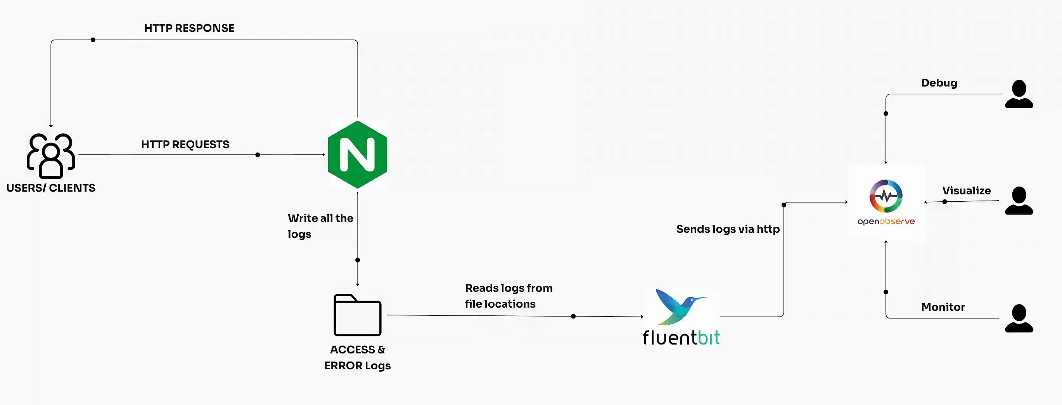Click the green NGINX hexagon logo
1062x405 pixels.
coord(358,155)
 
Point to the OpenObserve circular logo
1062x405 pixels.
coord(886,196)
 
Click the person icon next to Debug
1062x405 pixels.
coord(1019,94)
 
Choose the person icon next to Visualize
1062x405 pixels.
coord(1019,201)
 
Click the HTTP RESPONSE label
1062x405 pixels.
coord(189,28)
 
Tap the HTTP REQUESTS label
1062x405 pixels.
coord(185,144)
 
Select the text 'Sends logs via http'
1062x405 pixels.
coord(728,229)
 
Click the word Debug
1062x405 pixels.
coord(939,83)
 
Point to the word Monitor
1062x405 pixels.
coord(943,307)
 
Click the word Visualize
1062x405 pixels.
coord(966,190)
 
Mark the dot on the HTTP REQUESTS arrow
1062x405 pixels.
coord(258,155)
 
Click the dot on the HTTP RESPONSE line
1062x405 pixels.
coord(93,40)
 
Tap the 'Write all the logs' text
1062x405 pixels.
coord(320,226)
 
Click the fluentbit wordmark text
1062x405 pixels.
coord(681,338)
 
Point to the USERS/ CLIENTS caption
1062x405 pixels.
coord(51,188)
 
